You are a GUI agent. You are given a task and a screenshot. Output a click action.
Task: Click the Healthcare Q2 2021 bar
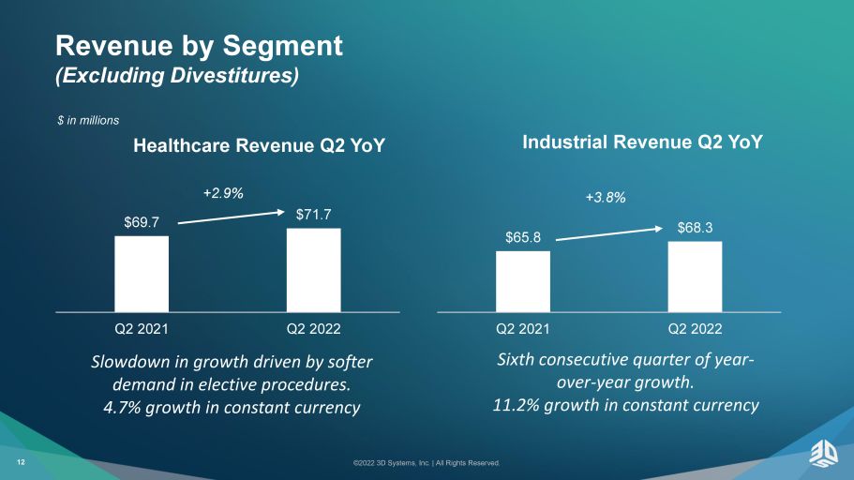coord(142,274)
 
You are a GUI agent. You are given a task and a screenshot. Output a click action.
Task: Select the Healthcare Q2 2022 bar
coord(314,270)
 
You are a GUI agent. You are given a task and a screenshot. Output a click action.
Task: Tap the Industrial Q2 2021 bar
coord(523,281)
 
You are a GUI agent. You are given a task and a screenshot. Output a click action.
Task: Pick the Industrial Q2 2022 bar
coord(695,277)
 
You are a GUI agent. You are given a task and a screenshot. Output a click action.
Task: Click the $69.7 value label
coord(142,222)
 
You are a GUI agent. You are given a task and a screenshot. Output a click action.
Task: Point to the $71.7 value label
coord(314,215)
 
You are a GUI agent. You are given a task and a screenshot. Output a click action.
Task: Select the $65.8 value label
coord(523,237)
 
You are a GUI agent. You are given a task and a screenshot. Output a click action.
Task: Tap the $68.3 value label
coord(695,228)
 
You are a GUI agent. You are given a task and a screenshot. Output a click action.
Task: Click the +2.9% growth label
coord(223,193)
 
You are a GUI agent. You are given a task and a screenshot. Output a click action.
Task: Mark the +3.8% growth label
coord(606,197)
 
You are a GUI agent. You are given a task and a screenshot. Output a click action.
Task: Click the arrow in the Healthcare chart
coord(232,217)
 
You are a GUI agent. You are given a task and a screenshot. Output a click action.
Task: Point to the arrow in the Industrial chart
coord(609,233)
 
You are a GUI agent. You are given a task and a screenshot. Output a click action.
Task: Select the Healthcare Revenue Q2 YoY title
coord(260,145)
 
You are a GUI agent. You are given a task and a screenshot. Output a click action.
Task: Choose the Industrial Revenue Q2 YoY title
coord(643,142)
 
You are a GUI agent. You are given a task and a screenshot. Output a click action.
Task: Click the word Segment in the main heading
coord(283,46)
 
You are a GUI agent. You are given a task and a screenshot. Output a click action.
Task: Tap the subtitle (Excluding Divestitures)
coord(177,75)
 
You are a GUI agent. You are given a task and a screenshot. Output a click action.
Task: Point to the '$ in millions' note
coord(88,120)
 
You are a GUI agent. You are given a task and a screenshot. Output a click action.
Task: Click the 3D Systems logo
coord(823,454)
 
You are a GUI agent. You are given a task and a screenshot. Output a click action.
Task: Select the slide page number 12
coord(21,462)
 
